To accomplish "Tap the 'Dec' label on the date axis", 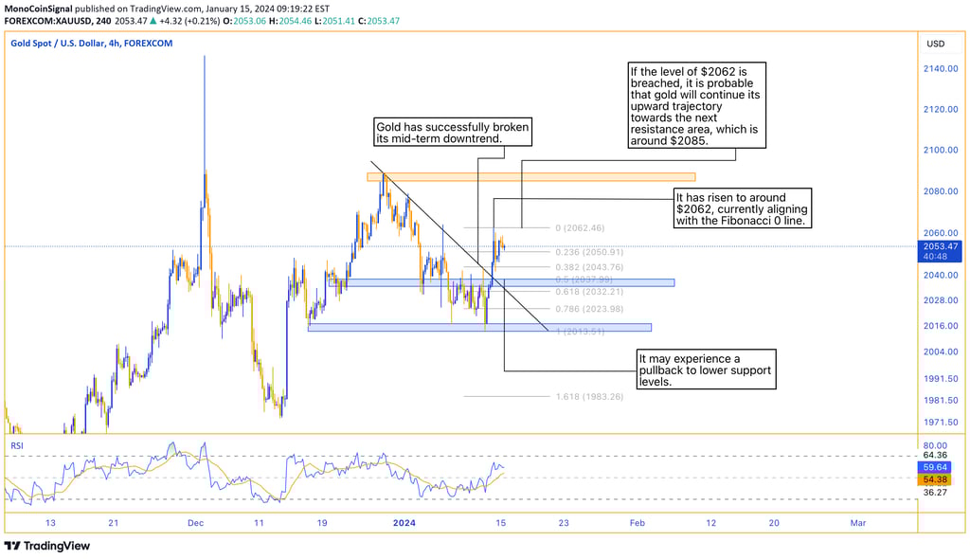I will click(x=196, y=522).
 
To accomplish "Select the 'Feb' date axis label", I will click(x=637, y=522).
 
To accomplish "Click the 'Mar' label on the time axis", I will click(x=858, y=522).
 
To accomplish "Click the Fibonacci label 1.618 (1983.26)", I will click(x=589, y=396).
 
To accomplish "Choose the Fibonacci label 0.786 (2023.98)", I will click(x=589, y=309).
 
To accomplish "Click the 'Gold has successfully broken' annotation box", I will click(x=451, y=133).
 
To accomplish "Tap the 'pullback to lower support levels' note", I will click(x=706, y=370).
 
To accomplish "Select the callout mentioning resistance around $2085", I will click(x=694, y=106).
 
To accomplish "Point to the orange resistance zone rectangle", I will click(x=530, y=177).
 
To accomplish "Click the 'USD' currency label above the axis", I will click(x=936, y=44).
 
